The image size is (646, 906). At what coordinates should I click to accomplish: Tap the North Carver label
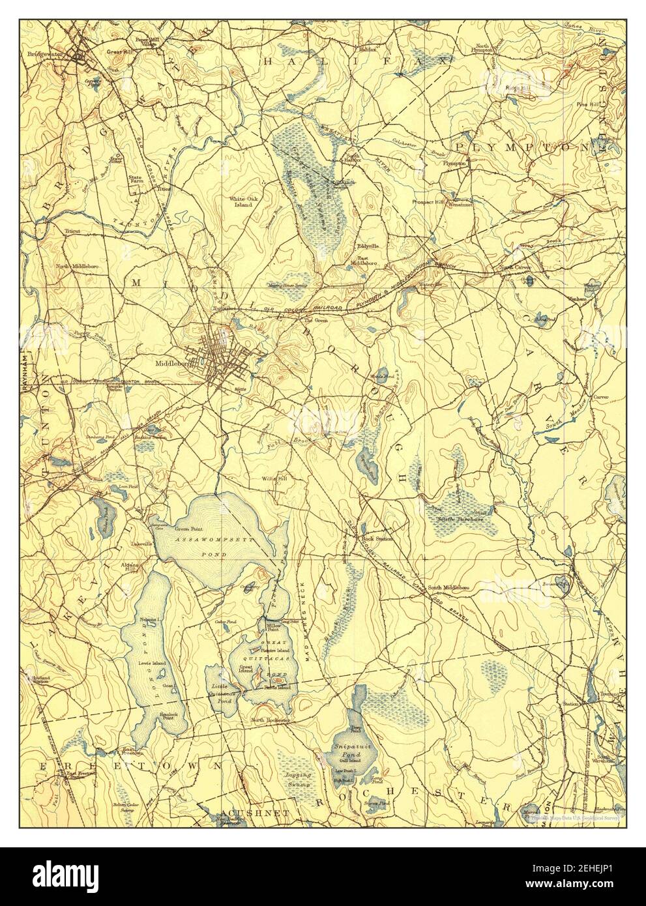pyautogui.click(x=514, y=267)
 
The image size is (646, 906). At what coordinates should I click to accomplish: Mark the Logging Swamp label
pyautogui.click(x=299, y=779)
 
